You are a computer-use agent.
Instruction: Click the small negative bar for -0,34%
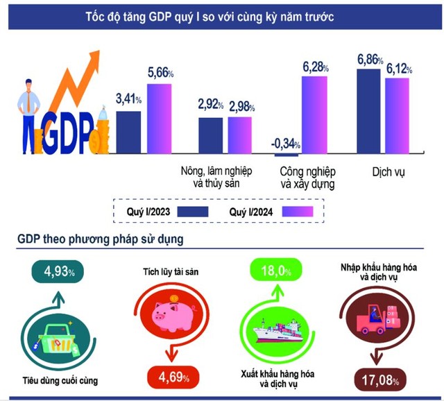(287, 155)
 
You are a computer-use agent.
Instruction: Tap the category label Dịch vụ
(380, 171)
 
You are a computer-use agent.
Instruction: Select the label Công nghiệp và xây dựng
(307, 178)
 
